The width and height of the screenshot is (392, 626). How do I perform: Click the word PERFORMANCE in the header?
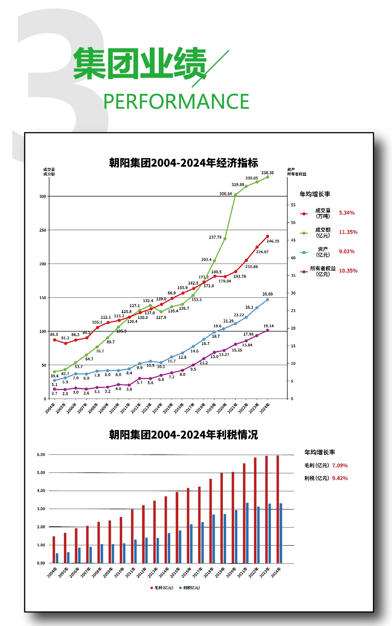pyautogui.click(x=176, y=101)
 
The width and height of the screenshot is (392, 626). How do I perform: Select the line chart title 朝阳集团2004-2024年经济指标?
pyautogui.click(x=183, y=163)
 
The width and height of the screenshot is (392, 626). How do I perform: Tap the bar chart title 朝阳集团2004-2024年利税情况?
pyautogui.click(x=183, y=435)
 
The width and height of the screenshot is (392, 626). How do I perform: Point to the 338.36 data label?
pyautogui.click(x=267, y=173)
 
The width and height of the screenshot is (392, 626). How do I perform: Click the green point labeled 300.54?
pyautogui.click(x=235, y=195)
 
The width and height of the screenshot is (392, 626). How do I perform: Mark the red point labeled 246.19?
pyautogui.click(x=267, y=236)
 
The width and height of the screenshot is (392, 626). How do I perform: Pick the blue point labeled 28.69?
pyautogui.click(x=267, y=300)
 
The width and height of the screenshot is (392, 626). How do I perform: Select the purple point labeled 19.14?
pyautogui.click(x=267, y=330)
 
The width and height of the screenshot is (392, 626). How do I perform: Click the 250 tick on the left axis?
pyautogui.click(x=42, y=230)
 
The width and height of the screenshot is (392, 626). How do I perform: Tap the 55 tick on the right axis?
pyautogui.click(x=293, y=205)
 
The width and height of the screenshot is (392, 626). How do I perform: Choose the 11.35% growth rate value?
pyautogui.click(x=348, y=232)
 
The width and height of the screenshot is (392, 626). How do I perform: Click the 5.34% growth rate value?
pyautogui.click(x=347, y=213)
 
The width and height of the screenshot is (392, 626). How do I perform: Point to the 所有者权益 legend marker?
pyautogui.click(x=304, y=272)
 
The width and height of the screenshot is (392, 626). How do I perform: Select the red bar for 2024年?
pyautogui.click(x=278, y=509)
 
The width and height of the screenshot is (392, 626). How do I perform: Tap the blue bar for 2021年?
pyautogui.click(x=247, y=533)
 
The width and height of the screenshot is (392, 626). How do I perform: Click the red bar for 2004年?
pyautogui.click(x=54, y=549)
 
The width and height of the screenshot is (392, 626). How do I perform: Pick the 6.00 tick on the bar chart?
pyautogui.click(x=41, y=454)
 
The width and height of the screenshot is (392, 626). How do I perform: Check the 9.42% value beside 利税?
pyautogui.click(x=340, y=478)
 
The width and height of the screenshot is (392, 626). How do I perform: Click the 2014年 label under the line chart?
pyautogui.click(x=157, y=408)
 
